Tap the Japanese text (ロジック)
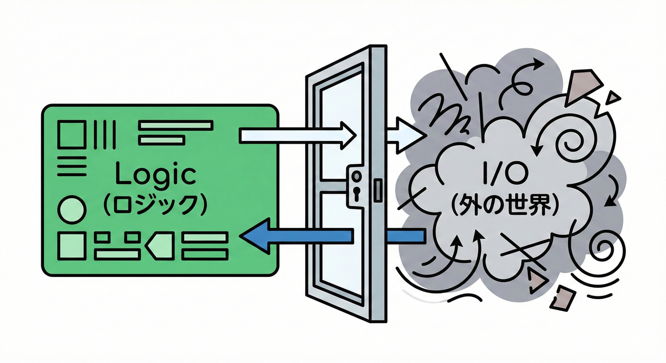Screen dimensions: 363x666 (x=156, y=204)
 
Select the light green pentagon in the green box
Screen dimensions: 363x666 (x=160, y=245)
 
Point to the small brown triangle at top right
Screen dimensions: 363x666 (x=613, y=97)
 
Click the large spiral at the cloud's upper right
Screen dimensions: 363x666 (x=568, y=140)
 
